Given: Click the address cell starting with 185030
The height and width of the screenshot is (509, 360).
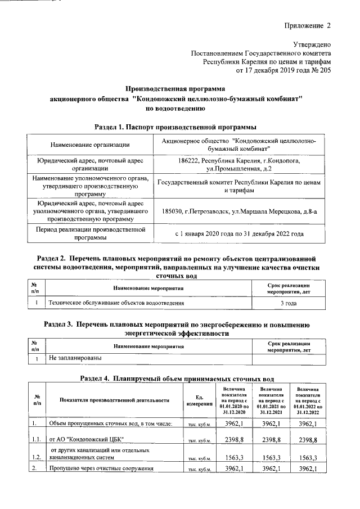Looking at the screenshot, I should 239,211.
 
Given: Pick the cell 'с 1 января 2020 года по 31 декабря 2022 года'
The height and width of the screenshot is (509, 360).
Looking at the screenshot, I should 239,233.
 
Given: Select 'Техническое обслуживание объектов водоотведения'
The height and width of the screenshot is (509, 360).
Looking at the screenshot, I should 116,303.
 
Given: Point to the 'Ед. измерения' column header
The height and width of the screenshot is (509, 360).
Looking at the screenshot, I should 199,400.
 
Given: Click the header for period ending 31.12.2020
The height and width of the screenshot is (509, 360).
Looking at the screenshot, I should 233,400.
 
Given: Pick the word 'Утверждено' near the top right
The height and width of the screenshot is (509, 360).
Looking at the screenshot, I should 312,44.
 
